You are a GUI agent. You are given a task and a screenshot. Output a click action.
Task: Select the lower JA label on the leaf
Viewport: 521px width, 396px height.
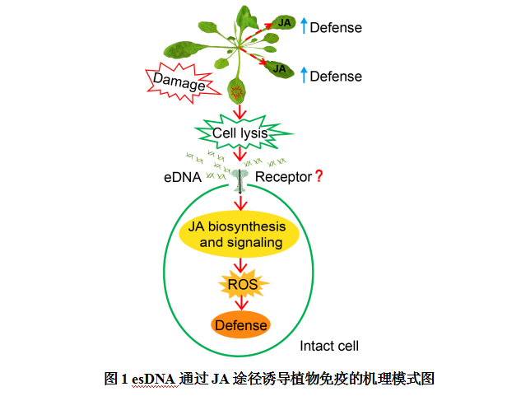pyautogui.click(x=280, y=68)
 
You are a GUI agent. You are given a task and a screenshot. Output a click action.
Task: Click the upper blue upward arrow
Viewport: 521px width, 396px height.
pyautogui.click(x=303, y=26)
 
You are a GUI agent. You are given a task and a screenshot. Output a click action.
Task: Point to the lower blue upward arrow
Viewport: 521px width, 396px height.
pyautogui.click(x=303, y=75)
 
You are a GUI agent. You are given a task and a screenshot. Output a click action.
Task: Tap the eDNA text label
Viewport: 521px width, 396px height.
pyautogui.click(x=183, y=176)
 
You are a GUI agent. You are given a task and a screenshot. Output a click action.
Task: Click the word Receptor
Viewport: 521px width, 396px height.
pyautogui.click(x=283, y=176)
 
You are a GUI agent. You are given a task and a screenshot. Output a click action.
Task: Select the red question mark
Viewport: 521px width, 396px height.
pyautogui.click(x=319, y=175)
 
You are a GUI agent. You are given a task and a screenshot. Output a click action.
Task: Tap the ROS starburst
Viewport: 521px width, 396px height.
pyautogui.click(x=241, y=285)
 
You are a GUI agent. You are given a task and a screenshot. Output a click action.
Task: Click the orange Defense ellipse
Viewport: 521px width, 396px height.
pyautogui.click(x=241, y=324)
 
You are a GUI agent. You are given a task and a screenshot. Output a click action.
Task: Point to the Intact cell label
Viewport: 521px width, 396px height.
pyautogui.click(x=328, y=346)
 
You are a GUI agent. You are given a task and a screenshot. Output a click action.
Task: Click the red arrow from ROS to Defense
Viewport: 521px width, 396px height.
pyautogui.click(x=241, y=304)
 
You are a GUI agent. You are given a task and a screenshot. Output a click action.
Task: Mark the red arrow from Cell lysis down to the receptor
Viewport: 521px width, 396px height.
pyautogui.click(x=240, y=154)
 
